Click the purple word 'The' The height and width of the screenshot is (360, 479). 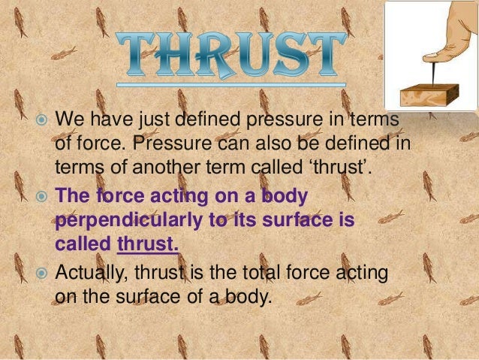pyautogui.click(x=74, y=198)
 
